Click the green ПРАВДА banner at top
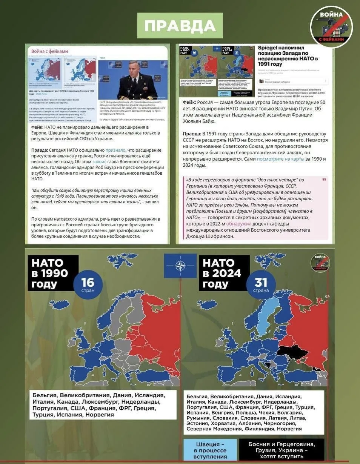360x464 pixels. pos(180,25)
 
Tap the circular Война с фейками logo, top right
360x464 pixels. pos(331,27)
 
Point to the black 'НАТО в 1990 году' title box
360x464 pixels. pos(52,273)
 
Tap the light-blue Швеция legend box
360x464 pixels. pos(210,450)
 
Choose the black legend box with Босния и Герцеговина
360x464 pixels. pos(281,450)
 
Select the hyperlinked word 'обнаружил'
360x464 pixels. pos(239,223)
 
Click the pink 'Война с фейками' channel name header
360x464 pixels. pos(49,51)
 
